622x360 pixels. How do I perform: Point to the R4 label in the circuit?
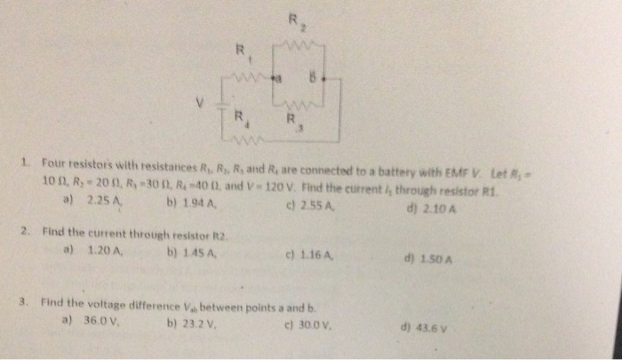[238, 116]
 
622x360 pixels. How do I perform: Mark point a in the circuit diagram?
[277, 79]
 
